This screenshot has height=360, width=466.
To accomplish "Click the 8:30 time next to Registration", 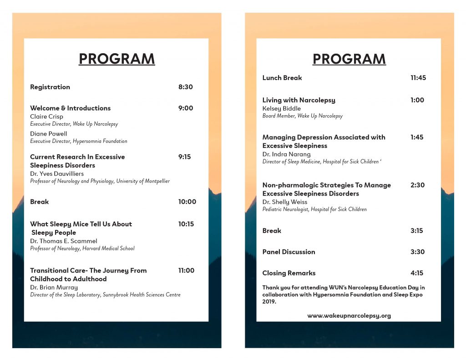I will [x=185, y=87].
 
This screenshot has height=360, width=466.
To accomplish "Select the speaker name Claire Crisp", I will [x=46, y=117].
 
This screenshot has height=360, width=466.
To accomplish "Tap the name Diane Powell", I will [x=48, y=134].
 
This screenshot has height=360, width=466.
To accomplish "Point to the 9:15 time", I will [x=184, y=157].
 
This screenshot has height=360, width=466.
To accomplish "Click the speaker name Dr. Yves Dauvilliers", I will [x=57, y=174].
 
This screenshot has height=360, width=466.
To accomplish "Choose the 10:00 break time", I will [x=187, y=202].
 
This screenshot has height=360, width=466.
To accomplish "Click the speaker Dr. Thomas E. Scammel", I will [x=63, y=241].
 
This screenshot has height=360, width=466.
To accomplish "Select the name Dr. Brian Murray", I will [x=54, y=288].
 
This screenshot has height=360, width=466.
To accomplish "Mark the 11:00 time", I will [x=186, y=270].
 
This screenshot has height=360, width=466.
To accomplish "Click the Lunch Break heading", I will [x=282, y=78].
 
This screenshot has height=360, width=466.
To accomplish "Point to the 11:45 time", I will [x=418, y=78].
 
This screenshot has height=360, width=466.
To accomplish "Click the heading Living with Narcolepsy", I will [x=299, y=100].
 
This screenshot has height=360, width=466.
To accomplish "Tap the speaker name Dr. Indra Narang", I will [x=286, y=154].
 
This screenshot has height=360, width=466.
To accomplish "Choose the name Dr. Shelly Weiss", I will [x=285, y=202].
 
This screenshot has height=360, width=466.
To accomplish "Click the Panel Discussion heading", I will [x=289, y=252].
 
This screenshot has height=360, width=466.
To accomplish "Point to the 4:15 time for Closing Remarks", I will [x=417, y=273].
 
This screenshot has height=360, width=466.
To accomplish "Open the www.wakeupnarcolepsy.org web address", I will [x=349, y=315].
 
